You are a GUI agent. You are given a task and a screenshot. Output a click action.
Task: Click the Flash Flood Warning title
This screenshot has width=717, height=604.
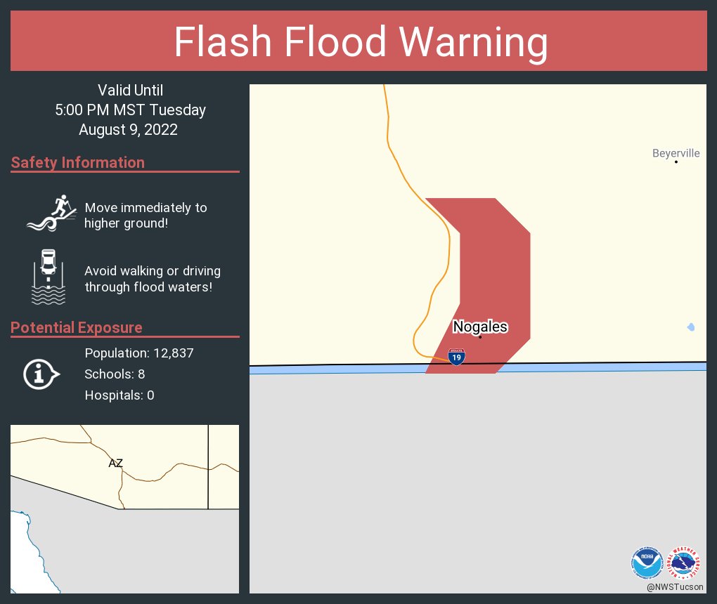361,41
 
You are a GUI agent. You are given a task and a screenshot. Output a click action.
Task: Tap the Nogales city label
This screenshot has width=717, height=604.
480,327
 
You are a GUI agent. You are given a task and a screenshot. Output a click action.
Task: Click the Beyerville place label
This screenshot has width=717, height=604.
676,153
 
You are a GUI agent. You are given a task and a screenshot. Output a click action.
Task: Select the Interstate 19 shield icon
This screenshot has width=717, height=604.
456,357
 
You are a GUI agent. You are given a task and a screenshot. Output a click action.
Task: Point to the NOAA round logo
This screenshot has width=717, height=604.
647,563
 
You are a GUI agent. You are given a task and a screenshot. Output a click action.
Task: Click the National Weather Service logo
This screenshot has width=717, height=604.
685,563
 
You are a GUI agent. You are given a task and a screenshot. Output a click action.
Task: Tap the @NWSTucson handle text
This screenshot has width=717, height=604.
676,586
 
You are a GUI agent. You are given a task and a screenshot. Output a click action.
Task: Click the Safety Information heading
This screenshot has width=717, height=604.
78,163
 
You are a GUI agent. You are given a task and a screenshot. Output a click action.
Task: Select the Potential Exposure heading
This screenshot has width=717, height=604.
77,328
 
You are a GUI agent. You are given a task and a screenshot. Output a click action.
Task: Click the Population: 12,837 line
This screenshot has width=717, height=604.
139,353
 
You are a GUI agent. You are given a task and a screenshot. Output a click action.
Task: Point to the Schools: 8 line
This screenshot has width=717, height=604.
115,374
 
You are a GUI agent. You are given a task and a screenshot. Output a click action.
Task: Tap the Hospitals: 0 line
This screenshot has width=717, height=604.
119,395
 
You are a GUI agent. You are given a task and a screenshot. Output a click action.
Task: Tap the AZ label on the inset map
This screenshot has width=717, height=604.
116,463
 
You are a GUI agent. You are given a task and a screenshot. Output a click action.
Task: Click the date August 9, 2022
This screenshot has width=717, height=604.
128,129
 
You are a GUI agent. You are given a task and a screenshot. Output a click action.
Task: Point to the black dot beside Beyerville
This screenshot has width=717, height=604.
676,162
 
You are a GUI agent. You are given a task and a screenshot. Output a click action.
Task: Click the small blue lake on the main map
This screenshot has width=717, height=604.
691,327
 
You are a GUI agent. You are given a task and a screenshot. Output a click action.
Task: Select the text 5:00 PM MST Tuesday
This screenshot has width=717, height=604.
131,110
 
